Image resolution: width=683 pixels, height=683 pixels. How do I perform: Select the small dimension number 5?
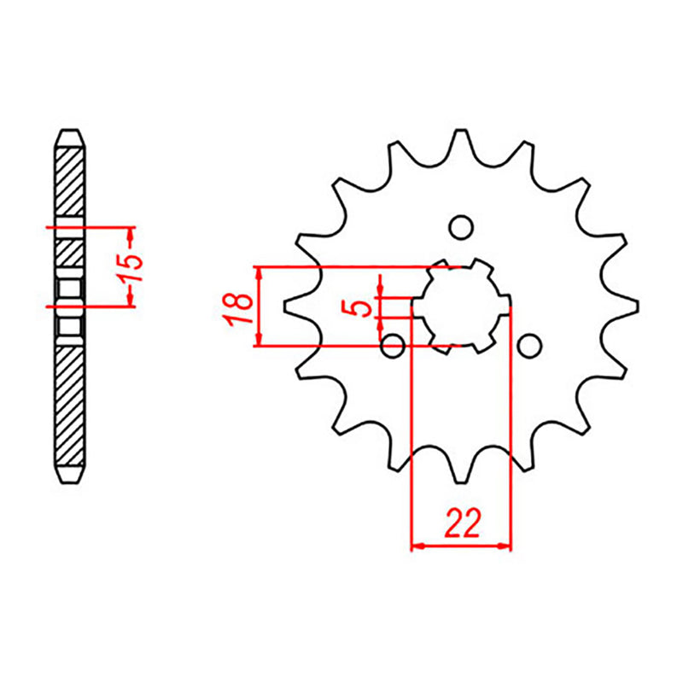coord(362,306)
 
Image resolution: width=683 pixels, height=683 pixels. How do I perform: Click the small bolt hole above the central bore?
coord(461,228)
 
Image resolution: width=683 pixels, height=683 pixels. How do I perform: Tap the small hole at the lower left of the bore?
coord(393,346)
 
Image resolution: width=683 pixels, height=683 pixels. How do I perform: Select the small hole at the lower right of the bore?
coord(529,346)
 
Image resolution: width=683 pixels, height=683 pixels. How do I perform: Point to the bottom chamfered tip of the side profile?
coord(70,476)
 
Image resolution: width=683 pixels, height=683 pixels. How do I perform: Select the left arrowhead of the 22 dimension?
coord(417,544)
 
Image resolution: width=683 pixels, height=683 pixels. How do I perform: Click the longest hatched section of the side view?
coord(70,401)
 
